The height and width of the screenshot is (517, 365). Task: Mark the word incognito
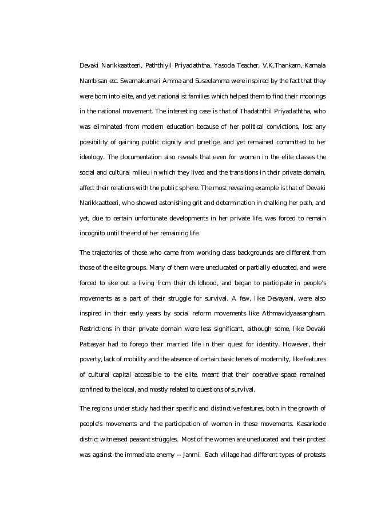click(x=93, y=234)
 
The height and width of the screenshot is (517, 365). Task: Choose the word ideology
click(x=92, y=157)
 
